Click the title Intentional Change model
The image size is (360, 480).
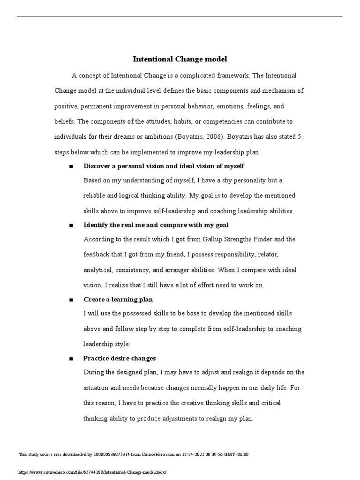(180, 60)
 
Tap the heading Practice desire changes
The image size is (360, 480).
(120, 358)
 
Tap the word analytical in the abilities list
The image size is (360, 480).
(97, 270)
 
